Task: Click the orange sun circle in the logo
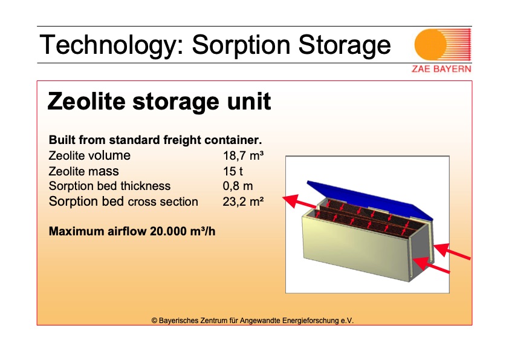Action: (x=430, y=45)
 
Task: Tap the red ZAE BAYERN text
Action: (x=441, y=69)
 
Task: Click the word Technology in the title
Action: (x=108, y=45)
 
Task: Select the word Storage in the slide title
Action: (x=345, y=45)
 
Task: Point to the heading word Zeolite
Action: (x=86, y=101)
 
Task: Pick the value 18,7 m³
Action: (x=243, y=155)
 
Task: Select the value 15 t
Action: (x=233, y=171)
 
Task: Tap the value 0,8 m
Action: (x=238, y=186)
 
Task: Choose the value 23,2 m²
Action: (x=243, y=201)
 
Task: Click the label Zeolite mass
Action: (x=84, y=171)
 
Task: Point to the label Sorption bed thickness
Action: (x=110, y=186)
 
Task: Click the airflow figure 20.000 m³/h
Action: (x=183, y=231)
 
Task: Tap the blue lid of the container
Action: (x=370, y=199)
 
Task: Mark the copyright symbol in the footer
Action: (x=155, y=321)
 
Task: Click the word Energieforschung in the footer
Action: (x=310, y=321)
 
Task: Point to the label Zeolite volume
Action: (x=89, y=155)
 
